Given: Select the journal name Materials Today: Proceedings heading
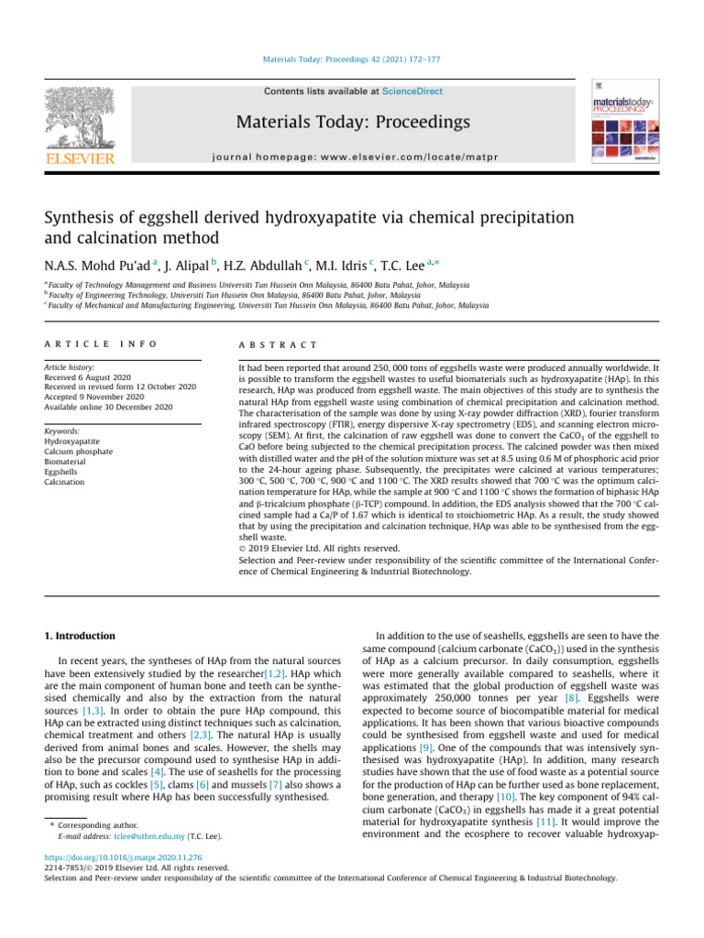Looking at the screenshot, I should [x=352, y=123].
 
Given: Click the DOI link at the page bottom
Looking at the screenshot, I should [x=115, y=858].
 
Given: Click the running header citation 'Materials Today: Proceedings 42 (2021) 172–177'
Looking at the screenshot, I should [x=352, y=60].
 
